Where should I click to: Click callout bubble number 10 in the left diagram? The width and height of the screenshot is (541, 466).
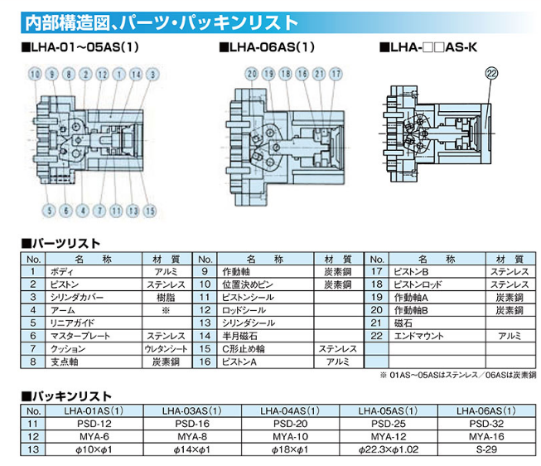click(x=35, y=75)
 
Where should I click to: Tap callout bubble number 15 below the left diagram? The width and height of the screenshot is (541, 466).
click(x=150, y=211)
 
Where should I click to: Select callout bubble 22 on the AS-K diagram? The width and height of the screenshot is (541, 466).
click(x=491, y=73)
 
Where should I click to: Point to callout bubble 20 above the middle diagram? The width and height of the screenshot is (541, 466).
click(x=252, y=74)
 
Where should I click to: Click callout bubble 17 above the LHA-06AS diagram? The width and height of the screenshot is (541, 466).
click(x=336, y=74)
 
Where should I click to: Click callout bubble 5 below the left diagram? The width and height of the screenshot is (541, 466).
click(x=49, y=211)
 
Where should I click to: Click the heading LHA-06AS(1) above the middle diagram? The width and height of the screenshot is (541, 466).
click(x=267, y=47)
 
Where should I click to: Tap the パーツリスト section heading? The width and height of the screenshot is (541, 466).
click(x=60, y=244)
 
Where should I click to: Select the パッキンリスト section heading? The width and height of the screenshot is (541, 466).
click(x=66, y=396)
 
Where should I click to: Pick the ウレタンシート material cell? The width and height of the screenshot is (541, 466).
click(x=166, y=349)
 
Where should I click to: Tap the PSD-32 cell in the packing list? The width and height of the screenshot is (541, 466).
click(x=486, y=424)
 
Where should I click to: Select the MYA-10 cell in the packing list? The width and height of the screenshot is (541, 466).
click(x=290, y=437)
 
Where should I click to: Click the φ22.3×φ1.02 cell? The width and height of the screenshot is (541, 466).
click(x=389, y=449)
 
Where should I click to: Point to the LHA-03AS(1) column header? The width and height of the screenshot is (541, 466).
click(x=192, y=410)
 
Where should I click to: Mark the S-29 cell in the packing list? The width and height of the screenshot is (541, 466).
click(x=486, y=449)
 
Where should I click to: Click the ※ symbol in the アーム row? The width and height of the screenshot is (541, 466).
click(x=166, y=310)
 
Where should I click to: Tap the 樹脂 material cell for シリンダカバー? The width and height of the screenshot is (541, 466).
click(x=166, y=298)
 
